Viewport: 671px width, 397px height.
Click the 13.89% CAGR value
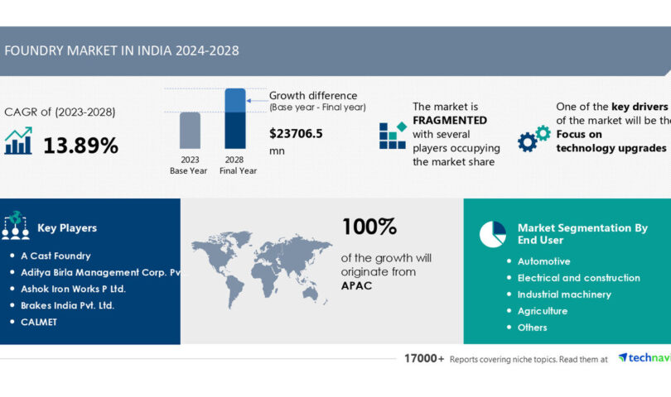pos(80,146)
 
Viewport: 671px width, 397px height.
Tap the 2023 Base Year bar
pos(190,132)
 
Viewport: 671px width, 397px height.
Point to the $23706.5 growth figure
pos(296,132)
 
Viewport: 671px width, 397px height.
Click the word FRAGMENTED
pos(450,120)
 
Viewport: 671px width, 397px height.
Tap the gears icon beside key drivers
pos(533,138)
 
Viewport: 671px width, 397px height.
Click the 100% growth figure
pos(369,227)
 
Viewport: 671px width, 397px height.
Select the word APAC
pos(358,285)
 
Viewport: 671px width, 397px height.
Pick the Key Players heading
pos(66,227)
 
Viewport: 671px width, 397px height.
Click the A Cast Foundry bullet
pos(56,256)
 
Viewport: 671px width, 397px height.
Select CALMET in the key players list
pos(39,322)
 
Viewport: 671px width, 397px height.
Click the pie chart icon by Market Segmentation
pos(492,234)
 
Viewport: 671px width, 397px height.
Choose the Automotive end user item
pos(543,261)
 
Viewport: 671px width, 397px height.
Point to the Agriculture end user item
pos(542,311)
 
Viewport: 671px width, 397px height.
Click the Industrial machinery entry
pos(564,294)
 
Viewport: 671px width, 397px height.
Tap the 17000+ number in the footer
pos(419,359)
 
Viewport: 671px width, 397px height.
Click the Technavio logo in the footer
pos(644,358)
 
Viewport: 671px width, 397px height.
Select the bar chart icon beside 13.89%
pos(18,141)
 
